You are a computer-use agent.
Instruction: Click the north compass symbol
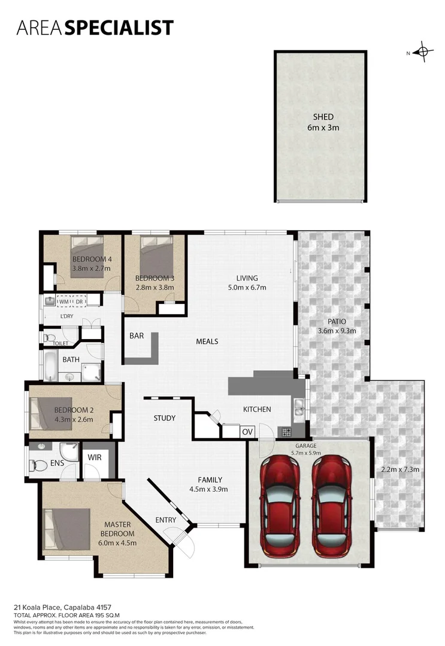pyautogui.click(x=423, y=52)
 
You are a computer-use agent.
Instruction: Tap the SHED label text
pyautogui.click(x=323, y=117)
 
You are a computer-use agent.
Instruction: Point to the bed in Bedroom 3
pyautogui.click(x=156, y=254)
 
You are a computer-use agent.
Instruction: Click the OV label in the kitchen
pyautogui.click(x=247, y=431)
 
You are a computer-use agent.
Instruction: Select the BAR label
pyautogui.click(x=137, y=336)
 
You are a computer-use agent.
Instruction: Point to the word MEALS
pyautogui.click(x=207, y=342)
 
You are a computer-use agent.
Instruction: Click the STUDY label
pyautogui.click(x=164, y=418)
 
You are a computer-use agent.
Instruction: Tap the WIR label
pyautogui.click(x=94, y=458)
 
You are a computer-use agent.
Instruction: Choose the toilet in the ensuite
pyautogui.click(x=40, y=465)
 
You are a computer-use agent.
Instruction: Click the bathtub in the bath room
pyautogui.click(x=50, y=365)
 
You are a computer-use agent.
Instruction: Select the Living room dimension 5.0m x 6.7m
pyautogui.click(x=247, y=287)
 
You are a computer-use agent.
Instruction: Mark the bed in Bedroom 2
pyautogui.click(x=52, y=413)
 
